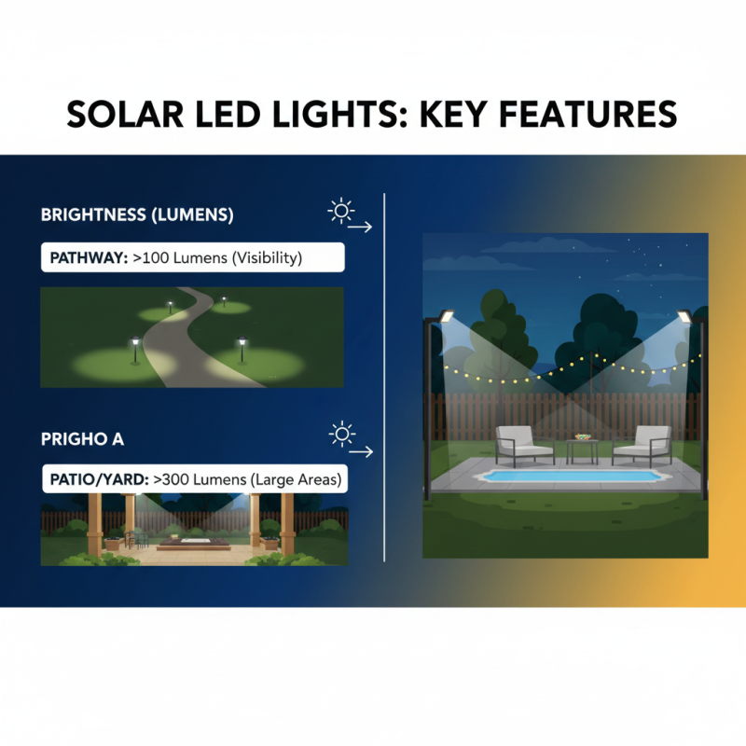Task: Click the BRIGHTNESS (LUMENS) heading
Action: coord(137,214)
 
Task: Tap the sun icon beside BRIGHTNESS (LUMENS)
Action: coord(341,211)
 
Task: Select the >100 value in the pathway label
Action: coord(153,258)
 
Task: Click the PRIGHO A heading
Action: coord(82,437)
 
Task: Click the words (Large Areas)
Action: coord(296,479)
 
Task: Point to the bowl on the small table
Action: coord(582,436)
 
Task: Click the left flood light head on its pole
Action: coord(445,317)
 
